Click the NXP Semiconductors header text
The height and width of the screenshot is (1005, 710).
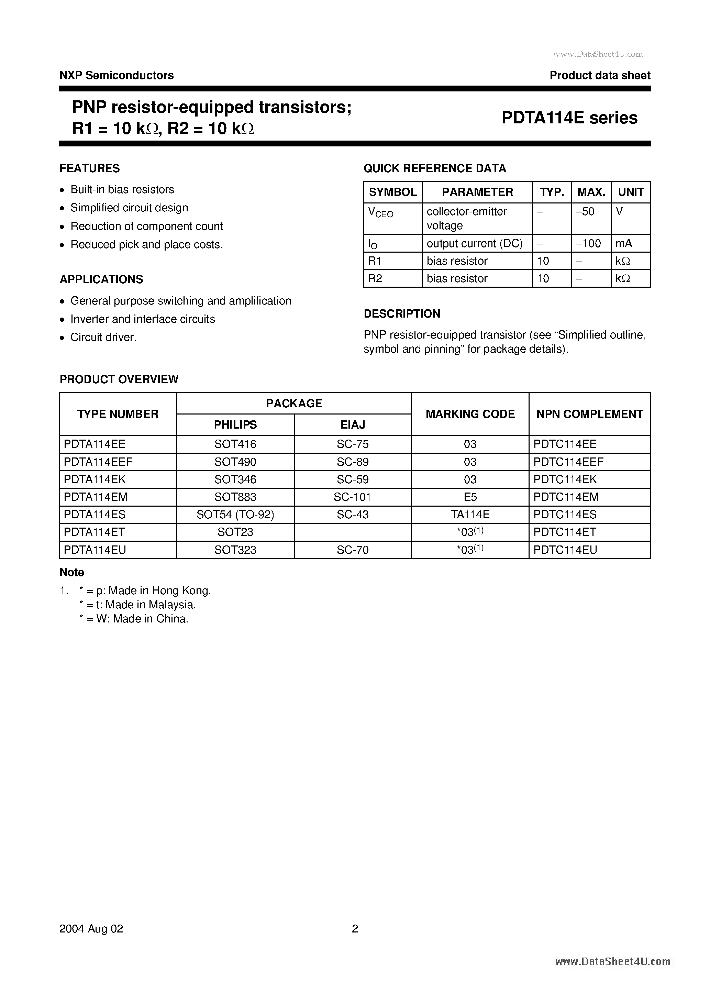(x=117, y=75)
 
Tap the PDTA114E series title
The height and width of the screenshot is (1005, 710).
(x=569, y=118)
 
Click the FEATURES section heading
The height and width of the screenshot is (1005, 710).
(x=89, y=168)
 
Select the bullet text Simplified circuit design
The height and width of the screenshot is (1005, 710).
(x=129, y=208)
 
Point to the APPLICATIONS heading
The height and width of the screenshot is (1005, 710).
(x=101, y=279)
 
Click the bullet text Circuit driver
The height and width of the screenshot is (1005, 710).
(x=103, y=338)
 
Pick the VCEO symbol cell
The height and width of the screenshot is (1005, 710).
(x=380, y=212)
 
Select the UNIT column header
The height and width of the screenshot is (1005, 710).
(x=630, y=192)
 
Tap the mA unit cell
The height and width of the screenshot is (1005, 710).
(x=623, y=243)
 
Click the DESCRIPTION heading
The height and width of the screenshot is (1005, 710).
(x=402, y=314)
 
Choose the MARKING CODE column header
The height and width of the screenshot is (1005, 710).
(x=470, y=414)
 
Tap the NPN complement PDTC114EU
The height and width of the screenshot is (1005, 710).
(x=565, y=550)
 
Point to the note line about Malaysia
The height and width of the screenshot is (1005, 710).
(x=137, y=605)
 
